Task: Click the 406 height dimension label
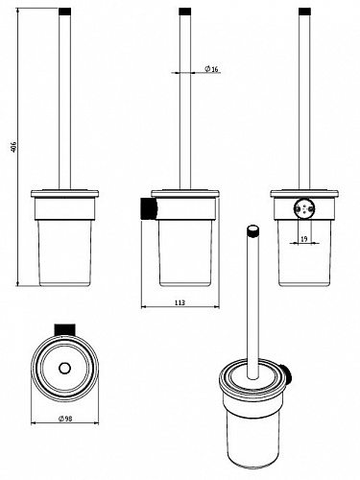tap(13, 147)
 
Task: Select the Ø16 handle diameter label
tap(211, 69)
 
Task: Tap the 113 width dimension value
tap(180, 302)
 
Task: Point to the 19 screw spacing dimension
tap(304, 238)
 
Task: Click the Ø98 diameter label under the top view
tap(65, 419)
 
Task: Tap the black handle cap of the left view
tap(65, 12)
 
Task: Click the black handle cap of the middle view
tap(185, 12)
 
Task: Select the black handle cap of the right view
tap(304, 12)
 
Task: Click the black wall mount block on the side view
tap(149, 208)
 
